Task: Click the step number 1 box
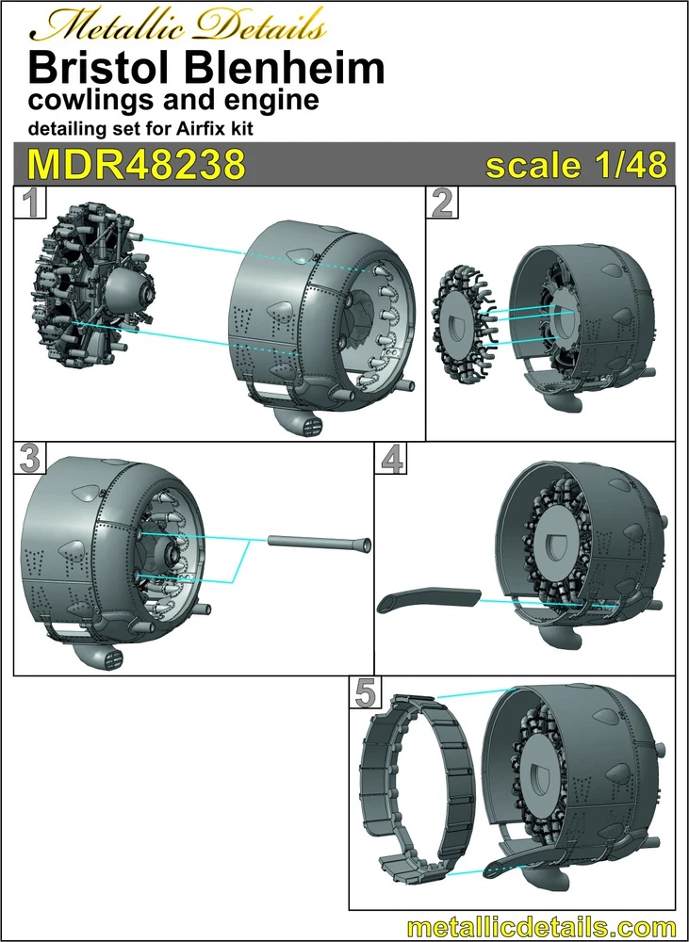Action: coord(31,203)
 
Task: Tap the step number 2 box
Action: coord(442,203)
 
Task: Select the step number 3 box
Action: coord(30,459)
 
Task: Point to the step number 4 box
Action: coord(391,459)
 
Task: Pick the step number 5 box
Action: coord(366,693)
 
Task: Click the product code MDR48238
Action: coord(137,164)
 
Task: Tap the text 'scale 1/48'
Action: coord(577,165)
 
